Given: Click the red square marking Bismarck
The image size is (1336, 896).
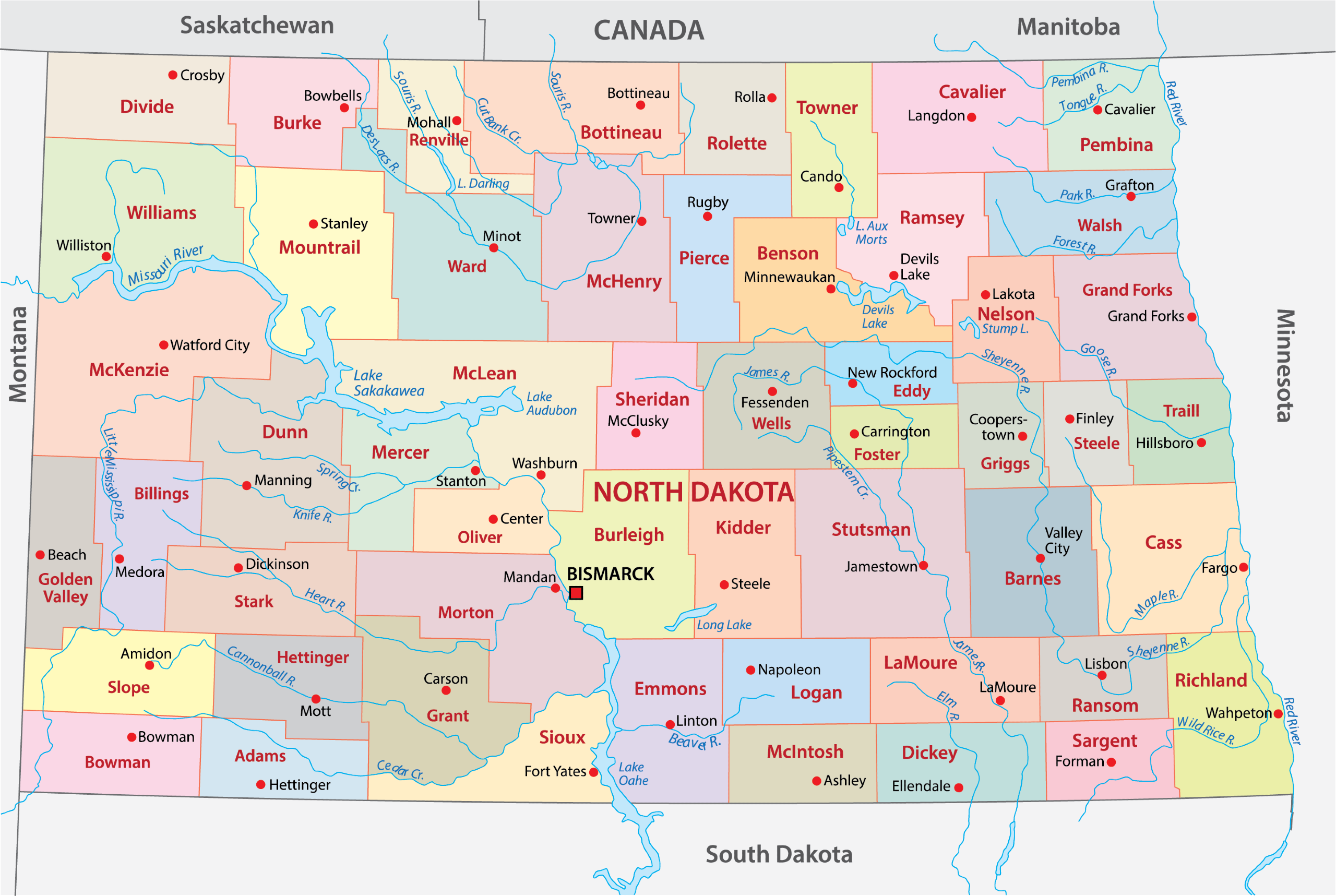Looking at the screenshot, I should [x=576, y=593].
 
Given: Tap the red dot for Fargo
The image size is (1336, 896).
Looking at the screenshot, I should [x=1244, y=567].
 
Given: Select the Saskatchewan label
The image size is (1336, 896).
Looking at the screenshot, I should [x=257, y=26].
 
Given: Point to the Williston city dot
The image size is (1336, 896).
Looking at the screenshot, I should [x=106, y=257].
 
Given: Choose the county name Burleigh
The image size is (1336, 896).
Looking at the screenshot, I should [x=628, y=535].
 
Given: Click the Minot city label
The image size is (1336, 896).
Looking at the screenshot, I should [x=501, y=236].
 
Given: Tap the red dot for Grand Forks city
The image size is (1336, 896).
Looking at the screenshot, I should [x=1192, y=317].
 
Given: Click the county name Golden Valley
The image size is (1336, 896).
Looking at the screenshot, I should [x=65, y=588].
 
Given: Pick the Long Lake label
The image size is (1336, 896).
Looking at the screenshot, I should [x=723, y=625].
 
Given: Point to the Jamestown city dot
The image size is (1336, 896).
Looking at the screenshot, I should [x=923, y=566].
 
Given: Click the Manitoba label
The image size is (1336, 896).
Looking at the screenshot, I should [x=1068, y=27].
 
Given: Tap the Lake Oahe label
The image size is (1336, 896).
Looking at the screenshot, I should [x=633, y=774].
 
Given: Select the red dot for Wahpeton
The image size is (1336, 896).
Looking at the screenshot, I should [x=1278, y=714].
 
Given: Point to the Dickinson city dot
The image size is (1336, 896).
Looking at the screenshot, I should [x=238, y=568].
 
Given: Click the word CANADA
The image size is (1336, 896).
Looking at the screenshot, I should [x=649, y=30].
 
